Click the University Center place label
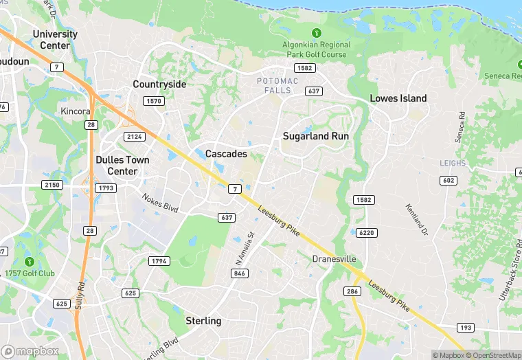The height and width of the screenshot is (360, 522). (55, 40)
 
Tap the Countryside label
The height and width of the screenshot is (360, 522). (159, 85)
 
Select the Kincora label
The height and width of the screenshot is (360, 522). (75, 111)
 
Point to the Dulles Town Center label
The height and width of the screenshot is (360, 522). (122, 166)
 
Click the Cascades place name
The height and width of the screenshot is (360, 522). (226, 154)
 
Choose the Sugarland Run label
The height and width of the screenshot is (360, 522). (316, 136)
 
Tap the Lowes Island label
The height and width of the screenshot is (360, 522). (398, 98)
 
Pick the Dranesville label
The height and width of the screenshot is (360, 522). (334, 259)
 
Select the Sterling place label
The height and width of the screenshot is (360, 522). (203, 321)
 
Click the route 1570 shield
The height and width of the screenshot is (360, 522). (153, 101)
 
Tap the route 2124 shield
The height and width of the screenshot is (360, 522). (135, 137)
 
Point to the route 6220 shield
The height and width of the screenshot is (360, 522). (367, 233)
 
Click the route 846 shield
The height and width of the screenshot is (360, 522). (240, 273)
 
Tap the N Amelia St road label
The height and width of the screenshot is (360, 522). (245, 249)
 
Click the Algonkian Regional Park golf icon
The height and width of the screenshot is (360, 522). (316, 32)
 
